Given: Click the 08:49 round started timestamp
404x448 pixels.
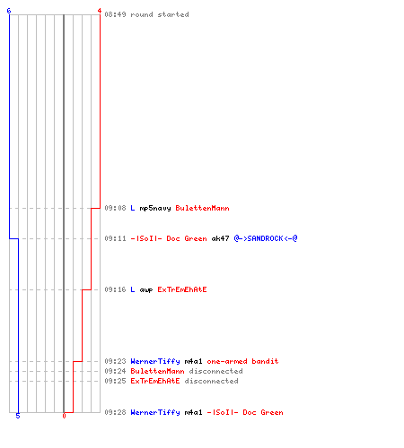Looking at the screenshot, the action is coord(115,14).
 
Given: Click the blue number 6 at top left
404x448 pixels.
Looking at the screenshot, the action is coord(9,11).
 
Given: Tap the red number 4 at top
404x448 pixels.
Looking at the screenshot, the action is coord(100,11).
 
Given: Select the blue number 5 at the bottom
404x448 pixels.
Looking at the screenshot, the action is coord(18,416).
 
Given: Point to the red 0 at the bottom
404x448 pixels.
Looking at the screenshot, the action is coord(64,416).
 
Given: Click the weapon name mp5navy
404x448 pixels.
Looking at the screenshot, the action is coord(155,208).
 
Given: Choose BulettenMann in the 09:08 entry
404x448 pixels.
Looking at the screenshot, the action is coord(202,208).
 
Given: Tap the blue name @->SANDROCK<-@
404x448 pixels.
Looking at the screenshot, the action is coord(266,238).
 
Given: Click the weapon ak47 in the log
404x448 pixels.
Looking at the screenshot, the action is coord(220,238).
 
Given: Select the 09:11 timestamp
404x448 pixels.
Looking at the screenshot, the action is coord(115,238).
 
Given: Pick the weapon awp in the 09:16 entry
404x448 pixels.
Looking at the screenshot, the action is coord(146,289).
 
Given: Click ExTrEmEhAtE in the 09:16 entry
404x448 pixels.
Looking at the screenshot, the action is coord(182,289).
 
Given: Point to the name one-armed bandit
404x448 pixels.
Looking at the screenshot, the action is coord(242,361).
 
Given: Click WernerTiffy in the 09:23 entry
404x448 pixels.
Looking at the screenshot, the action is coord(155,361).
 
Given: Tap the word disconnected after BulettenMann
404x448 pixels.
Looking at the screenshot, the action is coord(215,371).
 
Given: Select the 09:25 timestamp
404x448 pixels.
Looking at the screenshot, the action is coord(115,381).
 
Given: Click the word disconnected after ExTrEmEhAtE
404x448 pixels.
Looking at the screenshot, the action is coord(211,381).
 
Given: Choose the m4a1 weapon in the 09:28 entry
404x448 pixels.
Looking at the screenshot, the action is coord(193,412).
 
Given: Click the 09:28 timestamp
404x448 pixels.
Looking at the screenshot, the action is coord(115,412).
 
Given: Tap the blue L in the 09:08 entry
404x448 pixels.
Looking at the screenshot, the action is coord(133,208).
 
